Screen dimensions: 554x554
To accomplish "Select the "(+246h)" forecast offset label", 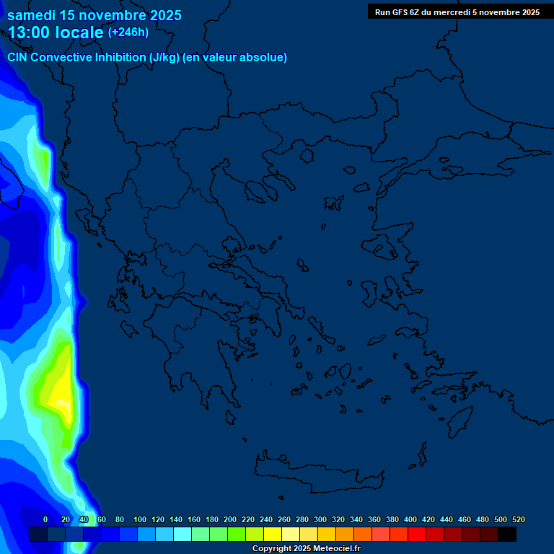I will coord(128,32).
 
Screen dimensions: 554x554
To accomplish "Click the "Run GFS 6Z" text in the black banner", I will coord(397,12).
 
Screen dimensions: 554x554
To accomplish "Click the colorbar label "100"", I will coord(140,519).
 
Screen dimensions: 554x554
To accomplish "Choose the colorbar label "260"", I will coord(284,519).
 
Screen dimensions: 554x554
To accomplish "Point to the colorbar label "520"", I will coord(519,519).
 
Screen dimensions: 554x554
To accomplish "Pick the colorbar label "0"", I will coord(45,519).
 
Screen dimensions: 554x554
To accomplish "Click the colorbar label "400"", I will coord(410,519).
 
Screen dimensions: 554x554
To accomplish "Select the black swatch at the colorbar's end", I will coord(507,534).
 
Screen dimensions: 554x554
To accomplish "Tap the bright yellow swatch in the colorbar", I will coord(273,534).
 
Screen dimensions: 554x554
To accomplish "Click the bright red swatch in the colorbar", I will coord(417,534).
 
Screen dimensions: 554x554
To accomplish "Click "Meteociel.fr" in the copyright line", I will coord(334,549).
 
